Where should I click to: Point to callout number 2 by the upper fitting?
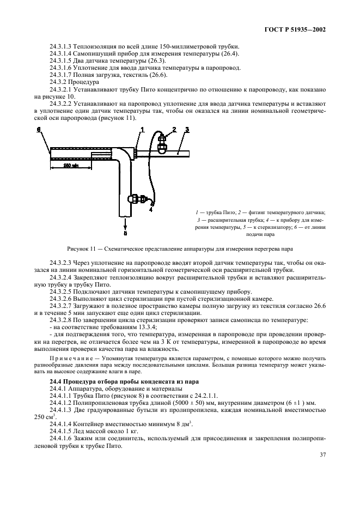(175, 129)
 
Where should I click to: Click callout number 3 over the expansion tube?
(186, 130)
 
